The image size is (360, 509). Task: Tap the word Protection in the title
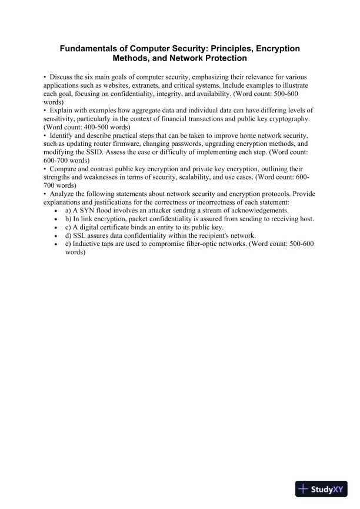pyautogui.click(x=219, y=59)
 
